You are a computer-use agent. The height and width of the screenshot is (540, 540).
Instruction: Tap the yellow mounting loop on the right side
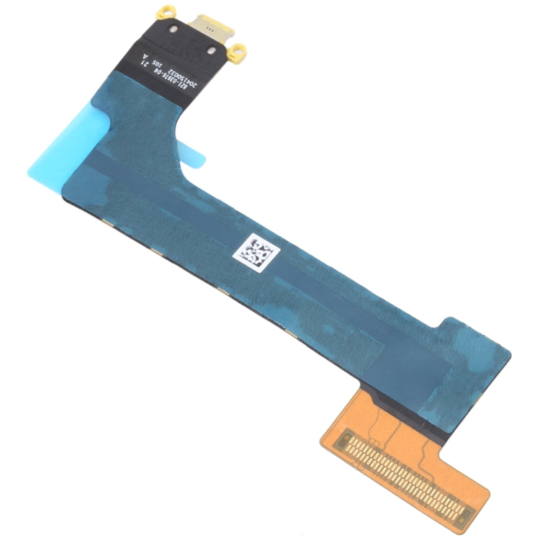239,50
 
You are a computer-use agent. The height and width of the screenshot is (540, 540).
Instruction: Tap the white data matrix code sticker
255,254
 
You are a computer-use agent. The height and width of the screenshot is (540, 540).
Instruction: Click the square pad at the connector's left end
348,436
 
